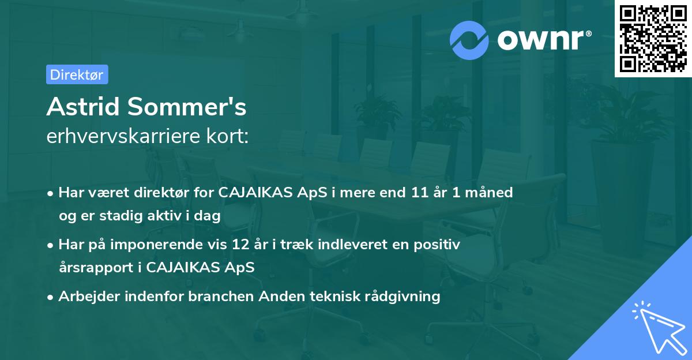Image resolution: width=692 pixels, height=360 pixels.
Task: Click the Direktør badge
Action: point(77,74)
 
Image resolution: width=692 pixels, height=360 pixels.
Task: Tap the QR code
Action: point(653,39)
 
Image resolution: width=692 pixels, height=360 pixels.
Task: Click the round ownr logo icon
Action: point(469,40)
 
